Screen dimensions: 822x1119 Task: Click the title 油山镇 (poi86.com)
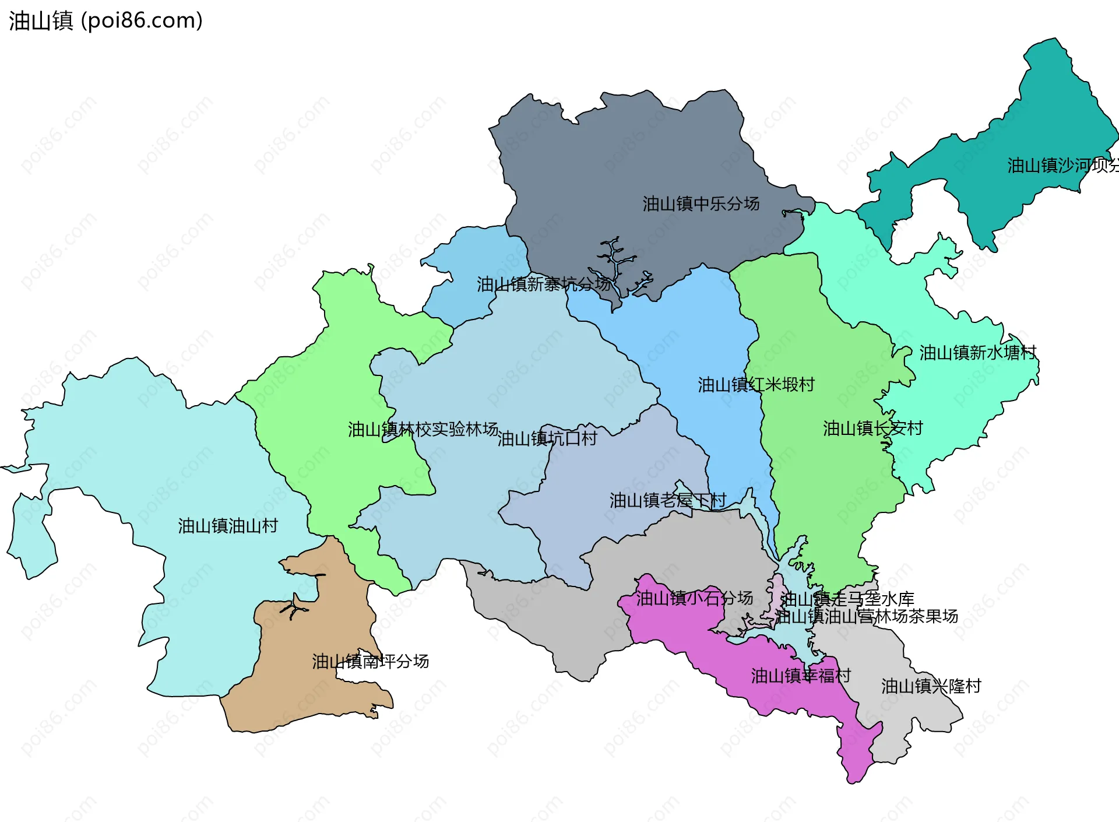click(105, 20)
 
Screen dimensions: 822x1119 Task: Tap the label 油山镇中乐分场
click(701, 203)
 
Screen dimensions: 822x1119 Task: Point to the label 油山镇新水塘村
click(977, 352)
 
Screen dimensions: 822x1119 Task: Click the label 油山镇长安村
click(872, 428)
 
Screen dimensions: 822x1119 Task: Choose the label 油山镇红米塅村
click(756, 384)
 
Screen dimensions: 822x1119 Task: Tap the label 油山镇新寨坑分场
click(543, 284)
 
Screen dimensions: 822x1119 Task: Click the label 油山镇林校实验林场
click(423, 429)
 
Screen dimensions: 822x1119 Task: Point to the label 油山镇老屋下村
click(667, 500)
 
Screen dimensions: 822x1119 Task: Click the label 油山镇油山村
click(228, 526)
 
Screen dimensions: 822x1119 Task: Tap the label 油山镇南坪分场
click(370, 661)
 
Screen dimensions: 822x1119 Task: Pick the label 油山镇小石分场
click(694, 598)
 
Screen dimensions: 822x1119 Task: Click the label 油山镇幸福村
click(801, 676)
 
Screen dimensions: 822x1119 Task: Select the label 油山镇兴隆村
click(931, 686)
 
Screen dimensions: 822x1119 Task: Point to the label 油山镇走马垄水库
click(847, 599)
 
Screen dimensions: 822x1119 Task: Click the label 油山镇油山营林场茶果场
click(866, 616)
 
